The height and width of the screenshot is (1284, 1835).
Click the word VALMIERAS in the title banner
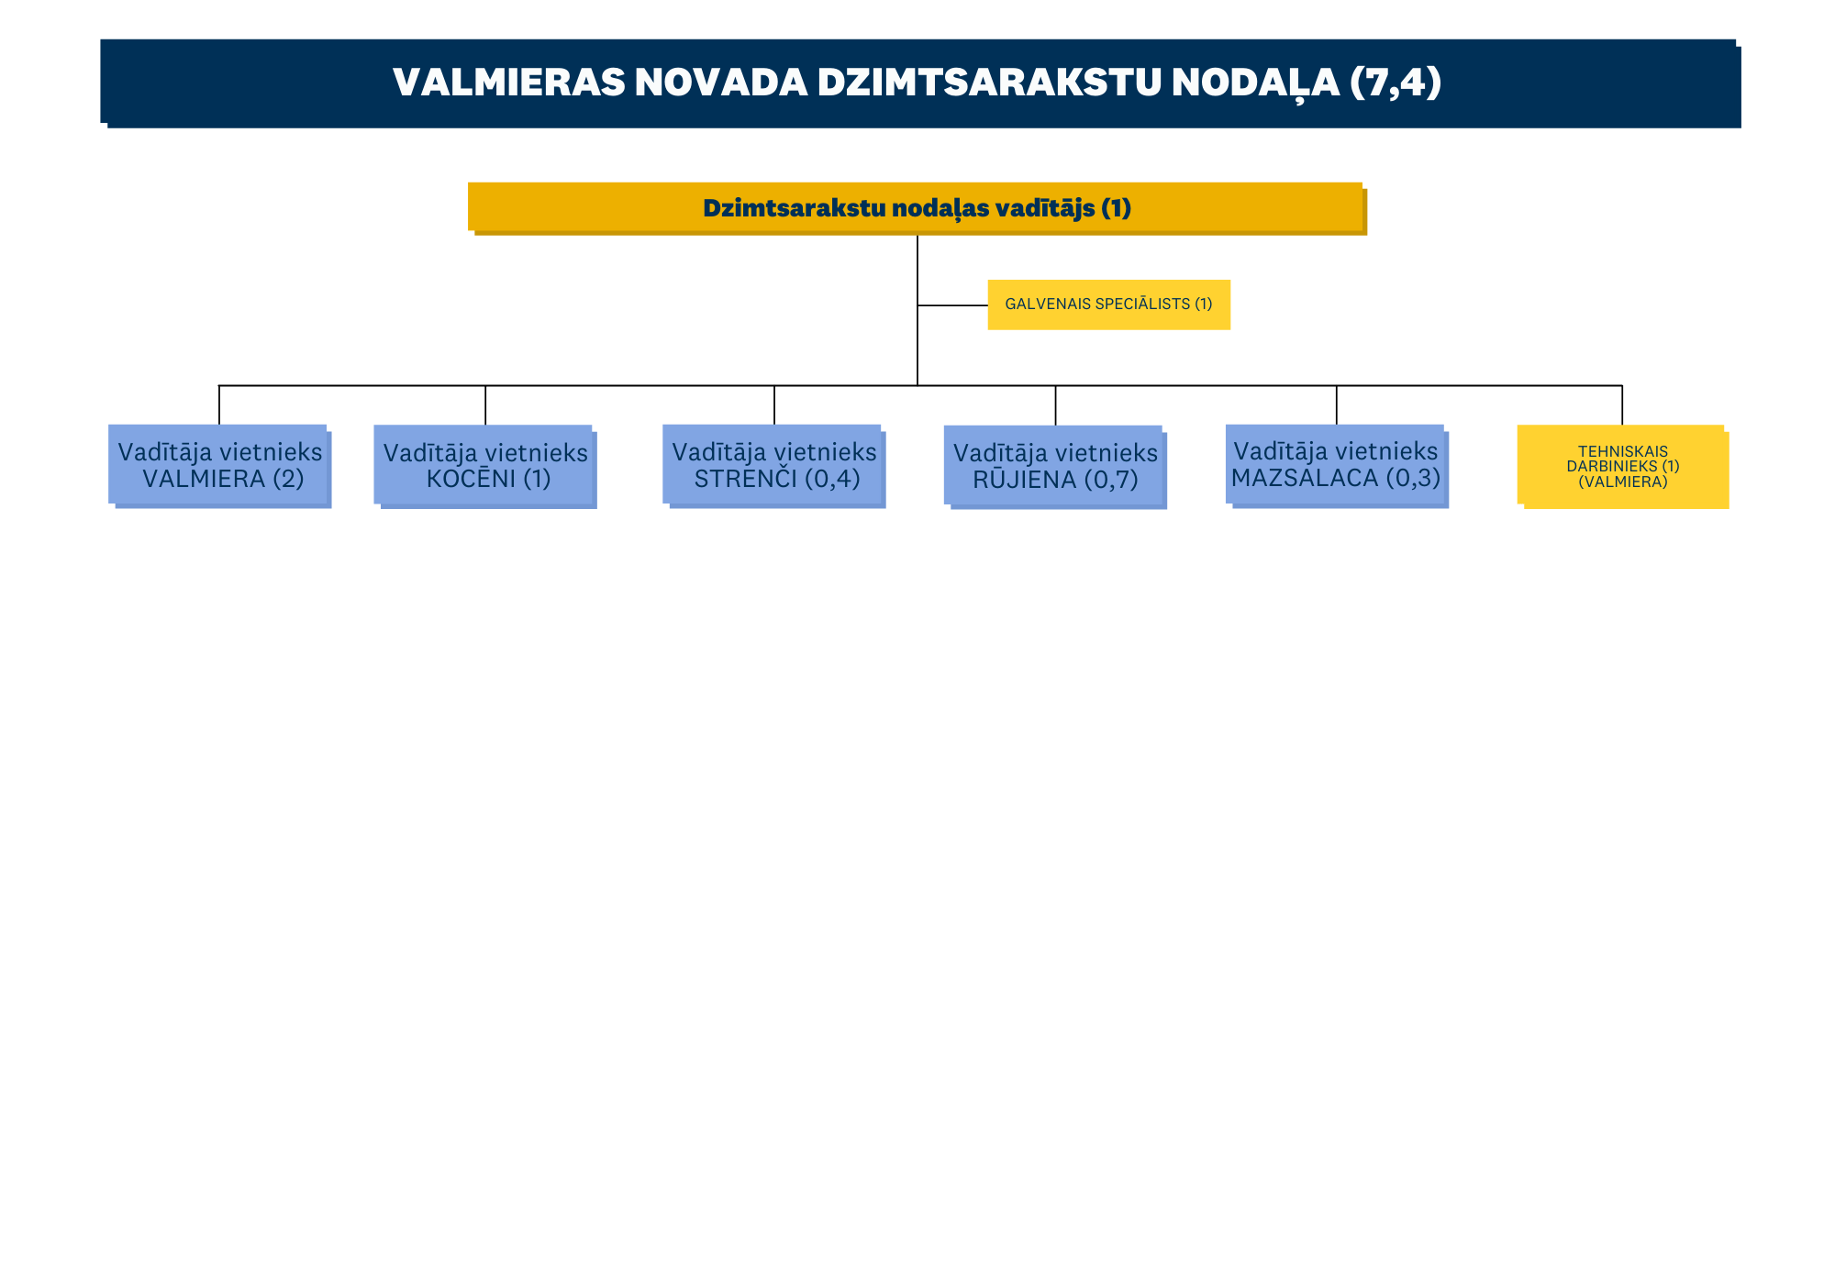507,83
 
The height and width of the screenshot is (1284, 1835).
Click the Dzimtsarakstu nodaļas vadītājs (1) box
917,208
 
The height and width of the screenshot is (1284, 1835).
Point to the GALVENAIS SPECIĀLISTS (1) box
1108,304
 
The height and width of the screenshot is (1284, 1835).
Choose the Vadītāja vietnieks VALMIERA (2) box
220,466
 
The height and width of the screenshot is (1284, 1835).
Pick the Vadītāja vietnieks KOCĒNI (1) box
485,466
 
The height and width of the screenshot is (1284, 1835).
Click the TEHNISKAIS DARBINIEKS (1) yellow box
1623,466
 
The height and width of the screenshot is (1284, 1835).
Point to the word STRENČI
746,479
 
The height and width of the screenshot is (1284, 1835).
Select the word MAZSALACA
1305,478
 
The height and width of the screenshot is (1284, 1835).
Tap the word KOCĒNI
472,479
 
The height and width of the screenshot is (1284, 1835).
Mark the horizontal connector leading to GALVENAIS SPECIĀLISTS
952,305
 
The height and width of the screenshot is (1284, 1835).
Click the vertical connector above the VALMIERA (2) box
219,404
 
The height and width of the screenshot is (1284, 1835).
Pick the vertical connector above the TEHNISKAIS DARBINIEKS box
1622,404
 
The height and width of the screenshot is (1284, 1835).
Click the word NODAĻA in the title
1254,83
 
